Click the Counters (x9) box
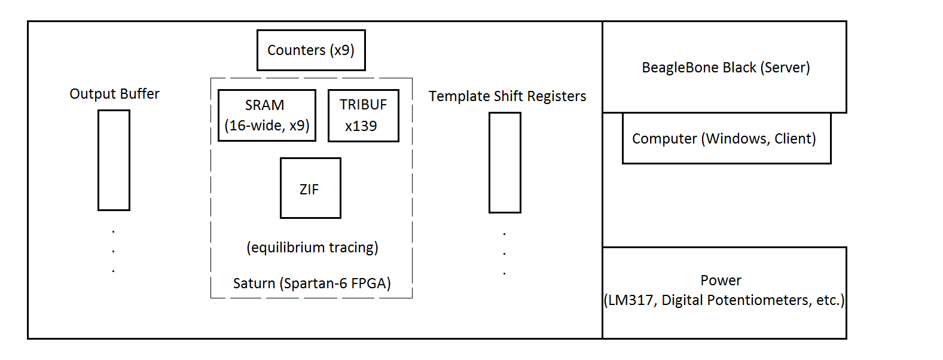click(x=311, y=50)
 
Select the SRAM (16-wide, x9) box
click(x=267, y=115)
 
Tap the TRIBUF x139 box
click(x=363, y=115)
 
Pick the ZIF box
click(x=310, y=188)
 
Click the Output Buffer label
click(x=114, y=94)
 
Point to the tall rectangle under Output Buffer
click(x=114, y=160)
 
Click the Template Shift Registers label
click(x=507, y=96)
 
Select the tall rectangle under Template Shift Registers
click(x=505, y=163)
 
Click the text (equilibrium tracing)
click(x=312, y=248)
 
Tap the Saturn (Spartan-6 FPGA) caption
click(x=312, y=283)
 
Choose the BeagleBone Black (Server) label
click(x=725, y=68)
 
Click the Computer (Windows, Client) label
click(x=724, y=139)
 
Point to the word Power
click(x=721, y=280)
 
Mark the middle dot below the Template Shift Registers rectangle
click(x=504, y=253)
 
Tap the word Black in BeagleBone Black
click(x=739, y=68)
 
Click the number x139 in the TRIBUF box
click(x=361, y=126)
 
